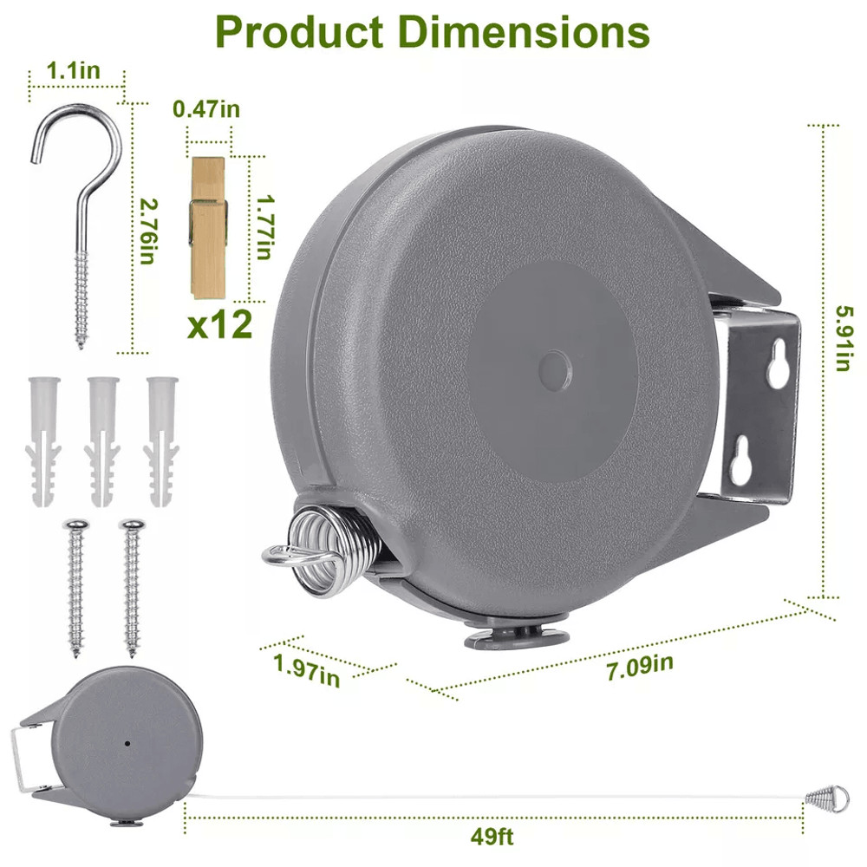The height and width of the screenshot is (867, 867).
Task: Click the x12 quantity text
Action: click(220, 324)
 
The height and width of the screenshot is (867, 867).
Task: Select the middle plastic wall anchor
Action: click(102, 439)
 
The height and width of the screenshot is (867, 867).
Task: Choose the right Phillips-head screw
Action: click(132, 585)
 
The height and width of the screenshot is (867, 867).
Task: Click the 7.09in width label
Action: click(640, 666)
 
